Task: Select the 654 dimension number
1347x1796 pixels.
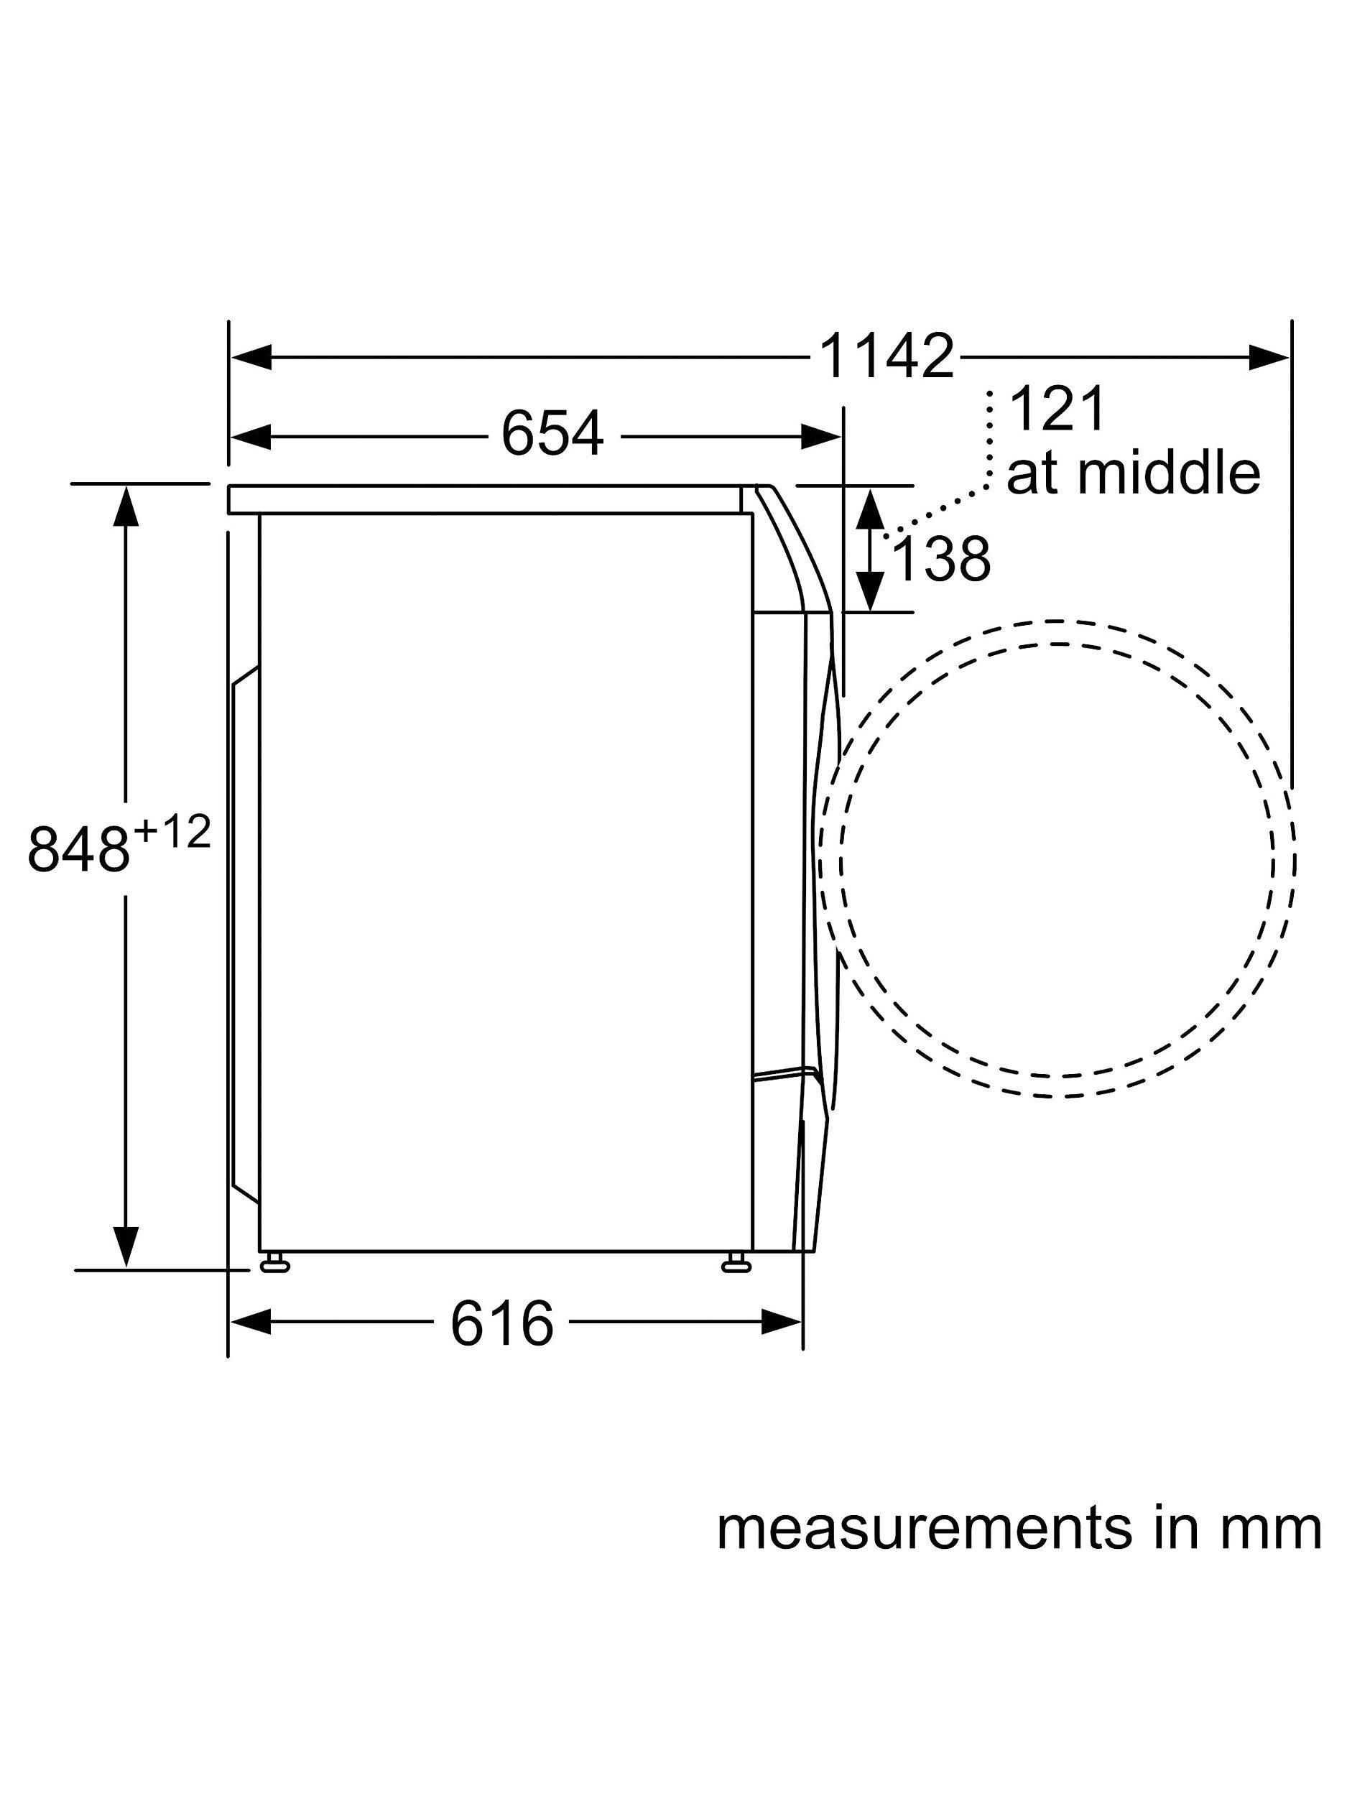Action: click(x=552, y=434)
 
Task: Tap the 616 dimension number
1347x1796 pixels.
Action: click(x=501, y=1323)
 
